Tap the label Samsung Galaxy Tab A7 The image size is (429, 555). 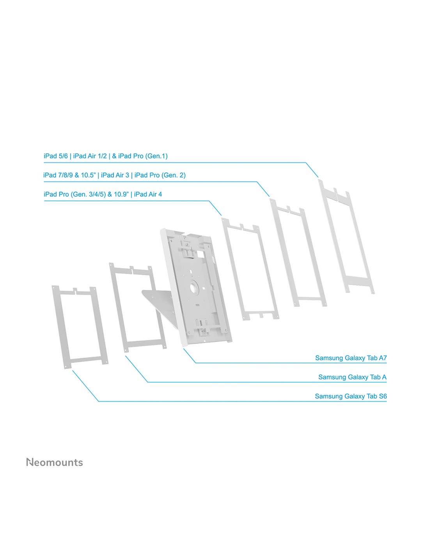(x=351, y=358)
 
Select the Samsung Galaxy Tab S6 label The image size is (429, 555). (x=351, y=396)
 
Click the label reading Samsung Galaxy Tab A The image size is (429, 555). (x=352, y=377)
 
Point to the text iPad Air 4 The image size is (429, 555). (x=148, y=194)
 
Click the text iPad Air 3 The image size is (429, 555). (x=115, y=175)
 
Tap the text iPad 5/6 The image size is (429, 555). (x=56, y=156)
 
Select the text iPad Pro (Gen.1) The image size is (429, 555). (x=143, y=156)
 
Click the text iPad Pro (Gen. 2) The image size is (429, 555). (x=160, y=175)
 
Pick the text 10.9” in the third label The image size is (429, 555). (x=121, y=194)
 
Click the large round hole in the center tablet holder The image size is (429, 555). (x=195, y=286)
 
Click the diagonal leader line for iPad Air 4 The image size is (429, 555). (x=215, y=208)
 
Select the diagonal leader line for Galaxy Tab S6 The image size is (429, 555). (x=85, y=386)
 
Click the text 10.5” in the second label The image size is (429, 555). (x=88, y=175)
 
